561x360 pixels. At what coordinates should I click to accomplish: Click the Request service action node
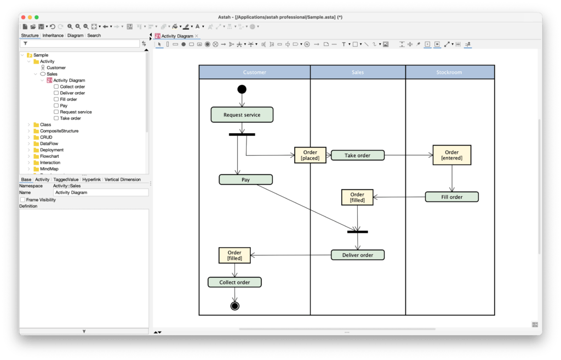[242, 115]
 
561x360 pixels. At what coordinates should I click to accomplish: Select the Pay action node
[245, 179]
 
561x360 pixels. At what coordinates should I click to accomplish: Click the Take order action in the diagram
[357, 155]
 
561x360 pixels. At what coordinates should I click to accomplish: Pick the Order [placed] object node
[310, 155]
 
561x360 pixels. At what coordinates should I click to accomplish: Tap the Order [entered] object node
[451, 155]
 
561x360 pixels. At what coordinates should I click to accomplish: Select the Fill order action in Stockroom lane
[451, 197]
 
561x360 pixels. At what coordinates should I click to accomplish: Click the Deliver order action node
[357, 255]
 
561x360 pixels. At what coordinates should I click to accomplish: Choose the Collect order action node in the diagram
[234, 282]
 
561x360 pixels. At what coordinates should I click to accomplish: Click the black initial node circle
[242, 89]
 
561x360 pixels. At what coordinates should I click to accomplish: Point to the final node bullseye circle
[235, 306]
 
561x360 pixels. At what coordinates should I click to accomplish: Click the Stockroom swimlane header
[449, 72]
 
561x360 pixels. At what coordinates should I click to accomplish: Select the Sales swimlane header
[357, 72]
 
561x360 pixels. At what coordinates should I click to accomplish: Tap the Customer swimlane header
[254, 72]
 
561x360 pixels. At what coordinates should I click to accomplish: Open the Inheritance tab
[53, 36]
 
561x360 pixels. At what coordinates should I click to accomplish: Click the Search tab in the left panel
[94, 36]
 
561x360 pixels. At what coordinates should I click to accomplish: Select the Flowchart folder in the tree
[49, 156]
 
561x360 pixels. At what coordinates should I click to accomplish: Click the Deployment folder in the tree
[51, 150]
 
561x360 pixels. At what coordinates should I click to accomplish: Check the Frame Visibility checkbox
[22, 200]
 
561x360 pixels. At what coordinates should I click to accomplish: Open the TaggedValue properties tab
[66, 179]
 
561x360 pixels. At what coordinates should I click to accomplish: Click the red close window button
[23, 18]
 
